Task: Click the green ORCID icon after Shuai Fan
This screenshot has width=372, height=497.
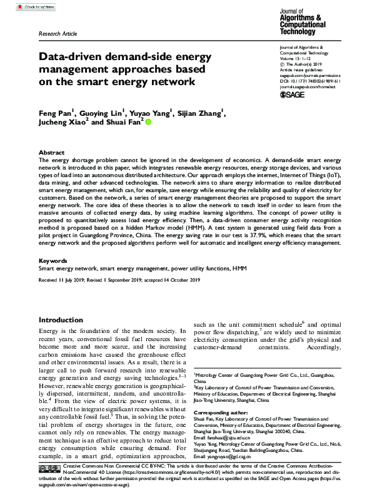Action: point(148,123)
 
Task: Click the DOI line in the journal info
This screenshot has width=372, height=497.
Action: point(309,80)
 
